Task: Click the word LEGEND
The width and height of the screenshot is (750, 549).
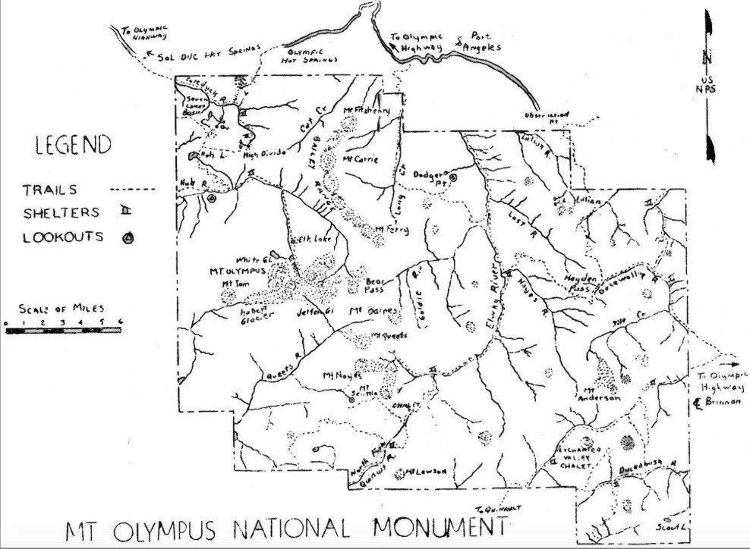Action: (x=72, y=145)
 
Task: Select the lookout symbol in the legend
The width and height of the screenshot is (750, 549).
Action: (x=128, y=238)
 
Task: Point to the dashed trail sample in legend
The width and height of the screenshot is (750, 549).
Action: (x=132, y=189)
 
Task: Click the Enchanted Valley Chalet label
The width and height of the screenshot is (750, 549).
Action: (x=583, y=458)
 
